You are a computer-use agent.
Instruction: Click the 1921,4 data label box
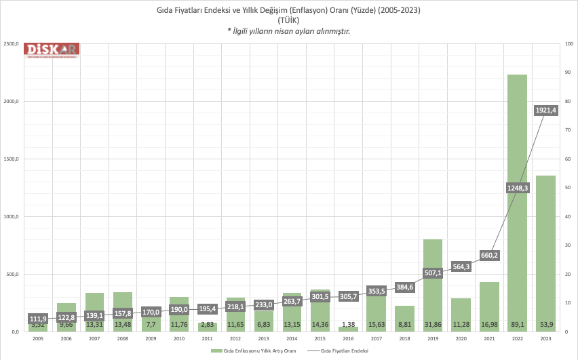545,111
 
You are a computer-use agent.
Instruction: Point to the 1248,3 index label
517,188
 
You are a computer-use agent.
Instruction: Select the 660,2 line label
489,256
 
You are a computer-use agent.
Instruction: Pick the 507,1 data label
432,273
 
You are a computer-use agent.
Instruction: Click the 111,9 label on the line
38,319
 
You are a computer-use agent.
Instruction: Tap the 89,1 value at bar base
517,325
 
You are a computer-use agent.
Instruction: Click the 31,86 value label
432,325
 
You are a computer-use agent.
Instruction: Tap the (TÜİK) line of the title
288,21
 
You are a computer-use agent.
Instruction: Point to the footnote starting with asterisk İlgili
288,31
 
